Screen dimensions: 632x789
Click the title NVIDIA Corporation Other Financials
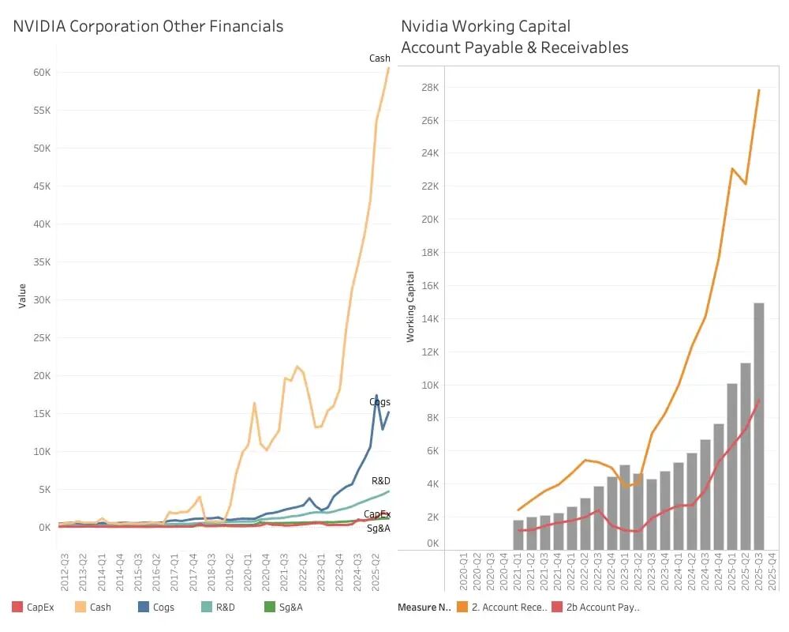point(148,26)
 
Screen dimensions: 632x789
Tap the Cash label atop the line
point(380,58)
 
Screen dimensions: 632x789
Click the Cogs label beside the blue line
point(380,402)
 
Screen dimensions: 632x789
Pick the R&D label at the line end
point(380,480)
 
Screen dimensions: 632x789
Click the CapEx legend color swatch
point(17,608)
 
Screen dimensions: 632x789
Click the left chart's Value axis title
point(22,295)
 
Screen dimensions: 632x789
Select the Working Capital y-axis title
point(410,307)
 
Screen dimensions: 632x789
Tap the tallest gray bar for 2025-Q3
point(758,427)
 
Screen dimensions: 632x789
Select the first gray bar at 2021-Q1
point(518,535)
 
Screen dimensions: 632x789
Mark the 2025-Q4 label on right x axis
point(772,573)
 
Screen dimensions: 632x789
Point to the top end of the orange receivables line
point(759,89)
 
